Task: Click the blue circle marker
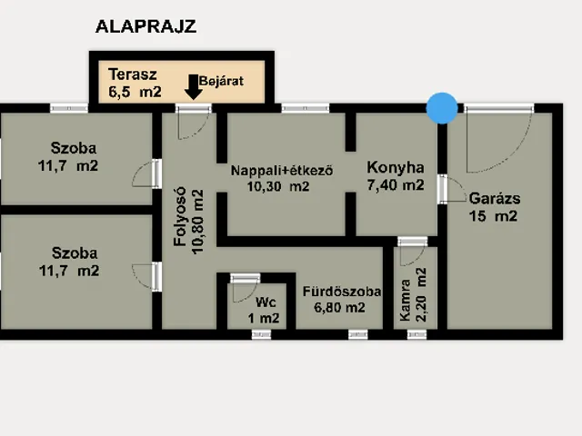tap(443, 108)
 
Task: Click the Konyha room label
tap(396, 167)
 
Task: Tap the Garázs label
tap(494, 197)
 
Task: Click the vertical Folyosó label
tap(180, 223)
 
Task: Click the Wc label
tap(265, 302)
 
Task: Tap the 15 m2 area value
tap(493, 216)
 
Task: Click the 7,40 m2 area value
tap(396, 185)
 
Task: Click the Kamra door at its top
tap(411, 243)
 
